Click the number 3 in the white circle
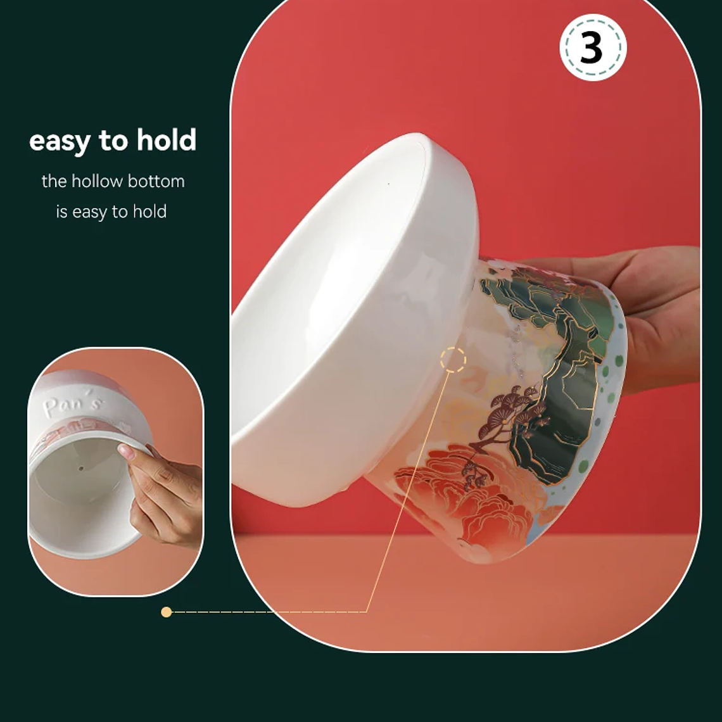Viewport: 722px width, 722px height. click(x=592, y=48)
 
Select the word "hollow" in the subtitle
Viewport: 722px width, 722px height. click(x=97, y=181)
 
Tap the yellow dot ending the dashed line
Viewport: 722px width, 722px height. click(x=167, y=612)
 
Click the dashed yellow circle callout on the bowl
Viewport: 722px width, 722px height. click(x=453, y=360)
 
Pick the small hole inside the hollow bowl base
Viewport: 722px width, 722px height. click(x=80, y=469)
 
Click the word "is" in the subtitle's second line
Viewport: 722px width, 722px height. click(x=61, y=212)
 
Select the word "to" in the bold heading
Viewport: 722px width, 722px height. click(x=113, y=141)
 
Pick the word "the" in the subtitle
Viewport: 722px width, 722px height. click(x=54, y=181)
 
